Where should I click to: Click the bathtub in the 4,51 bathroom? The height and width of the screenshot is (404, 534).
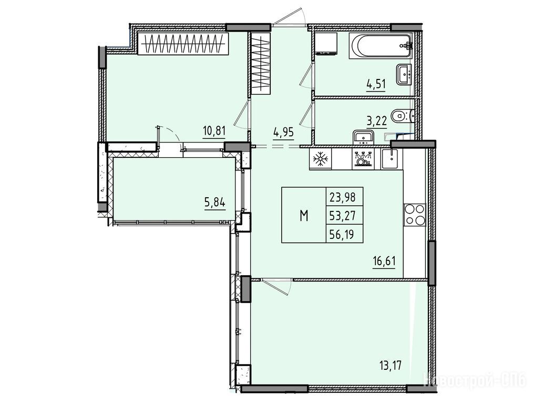point(381,46)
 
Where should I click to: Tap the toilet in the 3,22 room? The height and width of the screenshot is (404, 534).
point(403,116)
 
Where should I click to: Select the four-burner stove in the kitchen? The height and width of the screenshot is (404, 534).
point(415,215)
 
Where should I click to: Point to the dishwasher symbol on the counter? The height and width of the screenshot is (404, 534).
point(363,159)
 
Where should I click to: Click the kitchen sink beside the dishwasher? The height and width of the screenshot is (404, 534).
point(392,159)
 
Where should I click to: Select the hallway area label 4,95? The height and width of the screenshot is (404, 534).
point(283,132)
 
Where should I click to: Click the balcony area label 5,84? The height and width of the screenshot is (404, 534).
point(215,203)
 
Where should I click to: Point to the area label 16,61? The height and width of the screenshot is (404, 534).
point(384,262)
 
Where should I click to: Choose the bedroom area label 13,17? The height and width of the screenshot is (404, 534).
point(391,367)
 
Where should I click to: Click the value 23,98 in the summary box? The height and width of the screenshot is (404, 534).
point(344,197)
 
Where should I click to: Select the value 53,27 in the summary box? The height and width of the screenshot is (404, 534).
point(344,216)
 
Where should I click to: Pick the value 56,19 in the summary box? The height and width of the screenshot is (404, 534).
point(344,234)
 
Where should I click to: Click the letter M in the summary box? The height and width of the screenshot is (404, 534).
point(304,216)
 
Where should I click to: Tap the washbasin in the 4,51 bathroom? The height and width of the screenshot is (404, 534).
point(404,74)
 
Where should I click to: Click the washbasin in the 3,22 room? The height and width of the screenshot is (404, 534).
point(364,137)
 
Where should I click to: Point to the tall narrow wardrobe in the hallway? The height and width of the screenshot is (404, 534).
point(262,64)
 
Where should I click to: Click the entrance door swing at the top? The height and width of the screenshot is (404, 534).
point(289,17)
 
